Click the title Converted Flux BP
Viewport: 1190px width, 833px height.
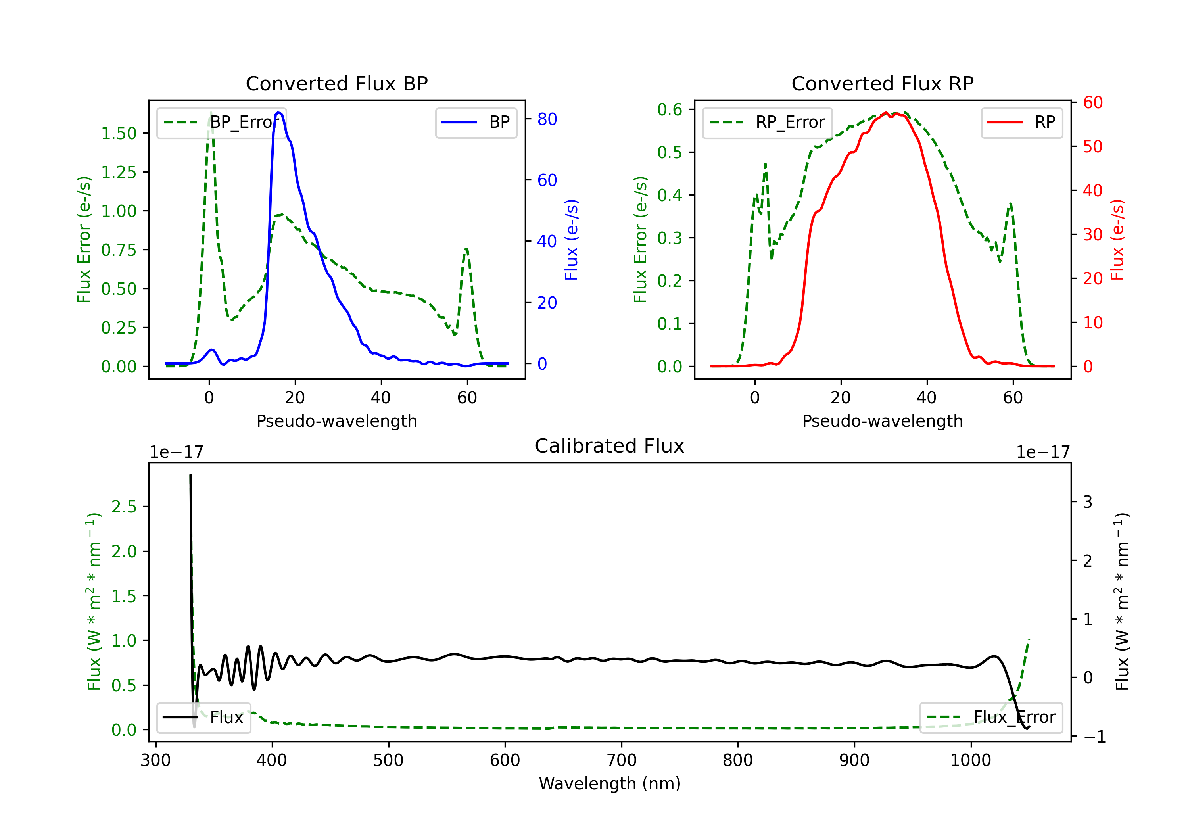point(336,83)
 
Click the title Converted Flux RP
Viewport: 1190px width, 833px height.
point(882,83)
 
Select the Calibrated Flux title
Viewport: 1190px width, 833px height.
point(610,446)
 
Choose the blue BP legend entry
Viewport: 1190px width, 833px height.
point(476,122)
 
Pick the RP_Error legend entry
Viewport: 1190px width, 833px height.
point(767,122)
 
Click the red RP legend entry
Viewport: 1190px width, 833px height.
point(1021,122)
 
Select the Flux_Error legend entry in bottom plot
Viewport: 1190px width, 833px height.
point(990,718)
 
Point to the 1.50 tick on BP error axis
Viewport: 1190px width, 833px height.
point(118,133)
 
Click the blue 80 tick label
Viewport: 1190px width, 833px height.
point(547,119)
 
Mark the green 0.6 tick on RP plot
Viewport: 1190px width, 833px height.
point(669,109)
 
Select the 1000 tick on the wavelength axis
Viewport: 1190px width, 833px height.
point(970,760)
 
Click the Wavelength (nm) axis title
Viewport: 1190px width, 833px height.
point(610,783)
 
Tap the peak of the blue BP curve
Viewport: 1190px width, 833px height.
point(279,113)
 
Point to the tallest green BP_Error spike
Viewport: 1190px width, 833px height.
point(210,113)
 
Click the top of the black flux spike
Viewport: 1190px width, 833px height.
point(190,475)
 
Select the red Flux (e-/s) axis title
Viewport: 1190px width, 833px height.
point(1117,240)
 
